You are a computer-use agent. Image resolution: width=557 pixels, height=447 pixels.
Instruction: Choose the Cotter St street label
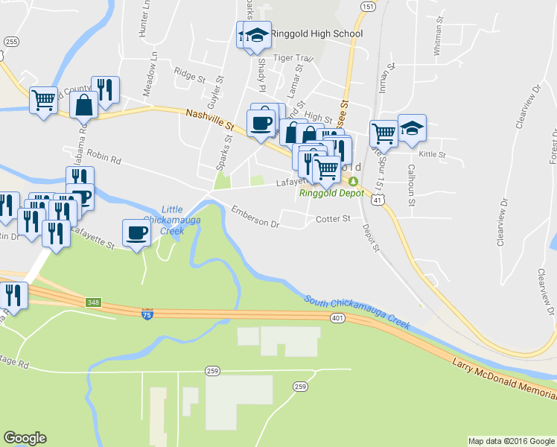coord(332,218)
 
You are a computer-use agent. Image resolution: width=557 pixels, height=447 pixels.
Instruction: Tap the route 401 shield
coord(338,318)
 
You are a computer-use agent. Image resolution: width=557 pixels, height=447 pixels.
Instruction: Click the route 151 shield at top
coord(367,6)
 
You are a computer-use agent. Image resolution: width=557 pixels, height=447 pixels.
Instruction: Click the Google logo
coord(25,438)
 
